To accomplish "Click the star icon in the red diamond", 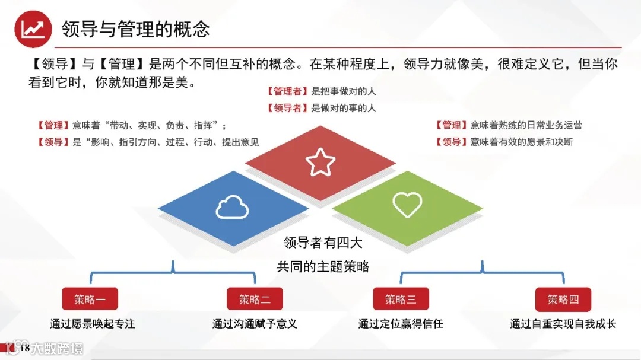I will pos(320,163).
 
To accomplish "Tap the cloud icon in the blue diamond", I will pos(232,208).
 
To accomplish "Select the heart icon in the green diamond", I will pos(407,205).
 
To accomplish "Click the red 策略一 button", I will pos(90,300).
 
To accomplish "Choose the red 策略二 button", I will pos(255,300).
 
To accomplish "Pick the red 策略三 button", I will pos(401,300).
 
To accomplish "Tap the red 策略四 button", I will pos(563,300).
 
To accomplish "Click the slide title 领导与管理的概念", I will pos(136,28).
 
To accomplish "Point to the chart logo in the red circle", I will pos(33,28).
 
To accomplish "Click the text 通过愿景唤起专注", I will pos(93,324).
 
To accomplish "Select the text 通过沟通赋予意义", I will pos(255,324).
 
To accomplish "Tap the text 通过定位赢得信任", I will pos(401,324).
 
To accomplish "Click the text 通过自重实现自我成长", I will pos(563,324).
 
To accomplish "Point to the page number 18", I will pos(25,348).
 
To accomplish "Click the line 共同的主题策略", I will pos(323,267).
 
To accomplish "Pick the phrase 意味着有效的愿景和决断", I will pos(521,142).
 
